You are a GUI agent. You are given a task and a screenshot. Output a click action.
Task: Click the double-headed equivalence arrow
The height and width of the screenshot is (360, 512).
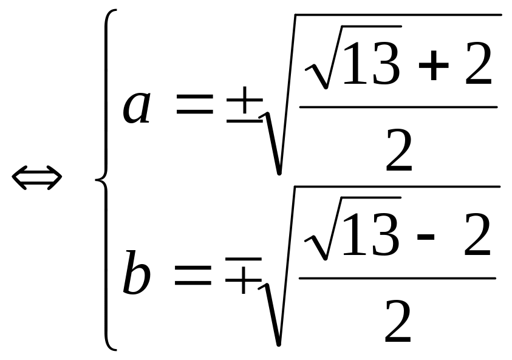coord(37,178)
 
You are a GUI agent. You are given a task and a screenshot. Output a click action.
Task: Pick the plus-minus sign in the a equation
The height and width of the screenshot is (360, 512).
coord(244,107)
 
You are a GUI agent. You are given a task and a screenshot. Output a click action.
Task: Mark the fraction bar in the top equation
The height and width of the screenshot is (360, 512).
coord(398,107)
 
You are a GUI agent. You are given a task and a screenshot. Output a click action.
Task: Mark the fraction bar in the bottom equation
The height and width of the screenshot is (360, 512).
coord(398,279)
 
